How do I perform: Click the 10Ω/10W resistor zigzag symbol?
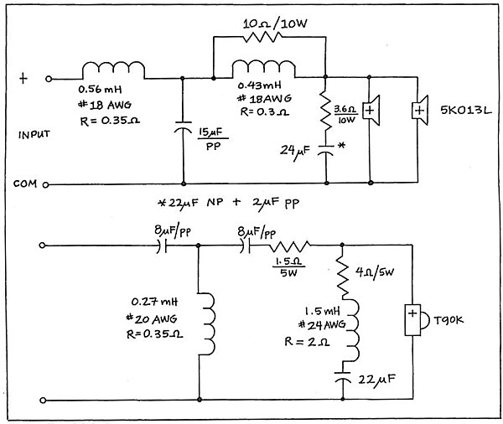pos(262,37)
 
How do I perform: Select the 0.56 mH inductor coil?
pos(113,70)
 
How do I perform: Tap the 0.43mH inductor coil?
pos(263,68)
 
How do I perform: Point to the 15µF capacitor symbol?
pos(183,127)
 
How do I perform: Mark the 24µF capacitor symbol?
pos(325,151)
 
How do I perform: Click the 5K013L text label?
pos(466,111)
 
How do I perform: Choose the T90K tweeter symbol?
pos(416,319)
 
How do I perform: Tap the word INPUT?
pos(34,134)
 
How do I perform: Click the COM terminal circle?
pos(45,184)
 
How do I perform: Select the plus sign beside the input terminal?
pos(23,78)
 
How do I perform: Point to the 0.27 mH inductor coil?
pos(207,324)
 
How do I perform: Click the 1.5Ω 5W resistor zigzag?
pos(290,246)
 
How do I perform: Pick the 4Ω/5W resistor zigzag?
pos(343,277)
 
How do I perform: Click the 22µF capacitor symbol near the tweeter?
pos(342,378)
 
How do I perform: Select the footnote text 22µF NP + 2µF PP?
pos(229,203)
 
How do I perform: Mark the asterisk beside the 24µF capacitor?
pos(341,145)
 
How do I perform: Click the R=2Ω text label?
pos(307,342)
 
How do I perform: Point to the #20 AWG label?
pos(152,319)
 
